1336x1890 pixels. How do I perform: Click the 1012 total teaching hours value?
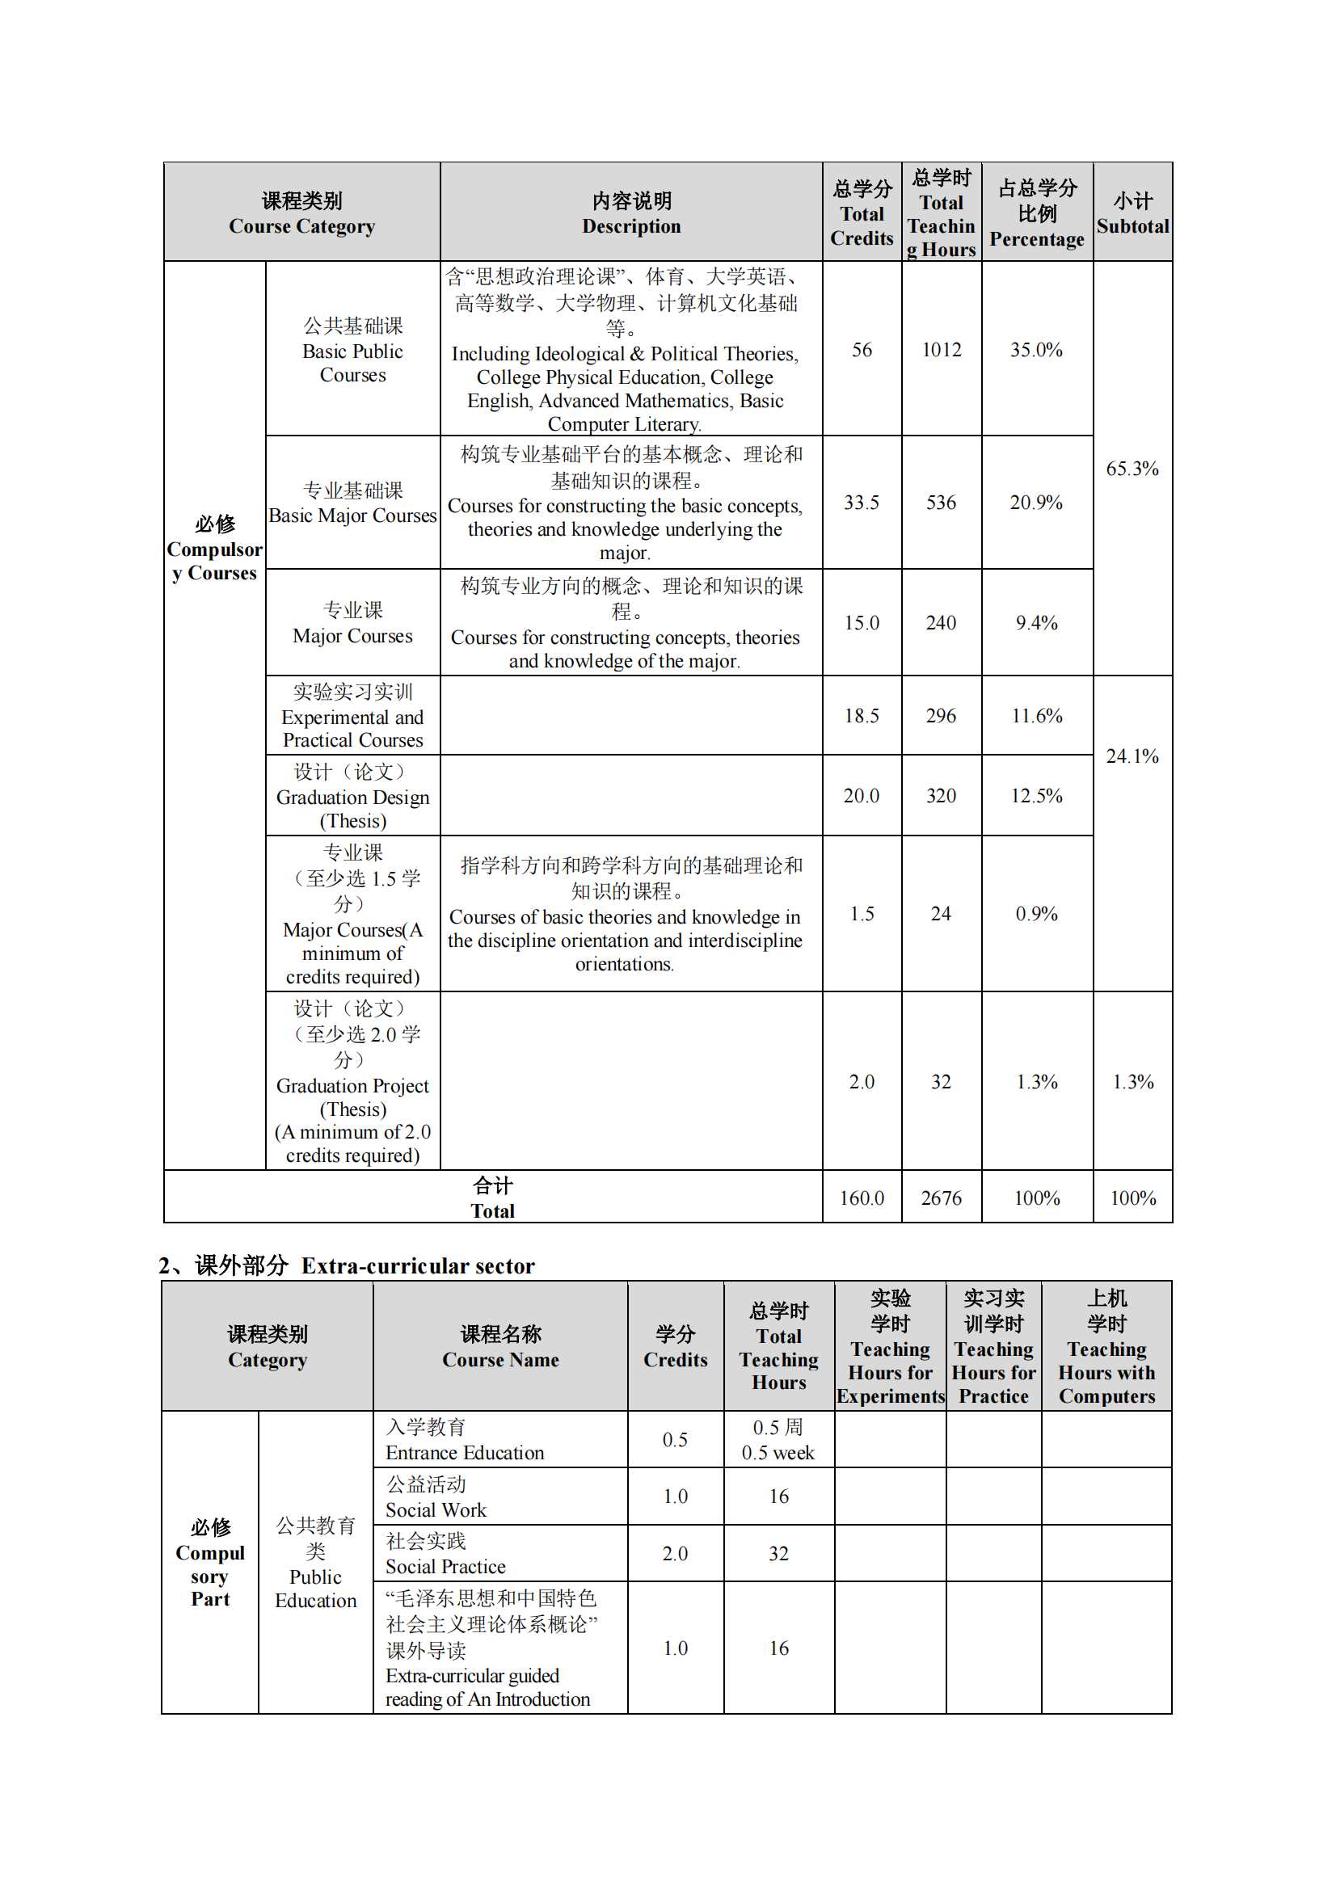(x=941, y=350)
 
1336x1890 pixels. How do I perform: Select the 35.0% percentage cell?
(x=1036, y=350)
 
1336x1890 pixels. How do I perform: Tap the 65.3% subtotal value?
(x=1132, y=469)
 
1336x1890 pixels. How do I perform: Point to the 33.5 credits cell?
(x=861, y=502)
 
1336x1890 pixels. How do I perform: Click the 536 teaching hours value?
(x=941, y=502)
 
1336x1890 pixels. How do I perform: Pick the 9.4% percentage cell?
(x=1036, y=622)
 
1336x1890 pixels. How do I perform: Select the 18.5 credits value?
(x=861, y=715)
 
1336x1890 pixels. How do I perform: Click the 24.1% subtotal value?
(x=1132, y=756)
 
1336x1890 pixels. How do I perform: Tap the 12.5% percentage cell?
(x=1036, y=795)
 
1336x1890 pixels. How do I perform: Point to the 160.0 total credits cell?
(x=861, y=1198)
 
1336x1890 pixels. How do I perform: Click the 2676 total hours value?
(x=941, y=1198)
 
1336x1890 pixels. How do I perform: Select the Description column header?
(x=631, y=213)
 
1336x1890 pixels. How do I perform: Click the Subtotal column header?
(x=1132, y=213)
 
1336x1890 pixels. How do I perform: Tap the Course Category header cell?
(x=302, y=213)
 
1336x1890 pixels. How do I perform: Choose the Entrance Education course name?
(x=464, y=1452)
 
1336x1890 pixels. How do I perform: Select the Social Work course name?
(x=436, y=1509)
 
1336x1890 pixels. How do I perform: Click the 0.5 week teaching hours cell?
(x=778, y=1452)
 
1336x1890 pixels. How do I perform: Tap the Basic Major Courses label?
(x=352, y=516)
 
